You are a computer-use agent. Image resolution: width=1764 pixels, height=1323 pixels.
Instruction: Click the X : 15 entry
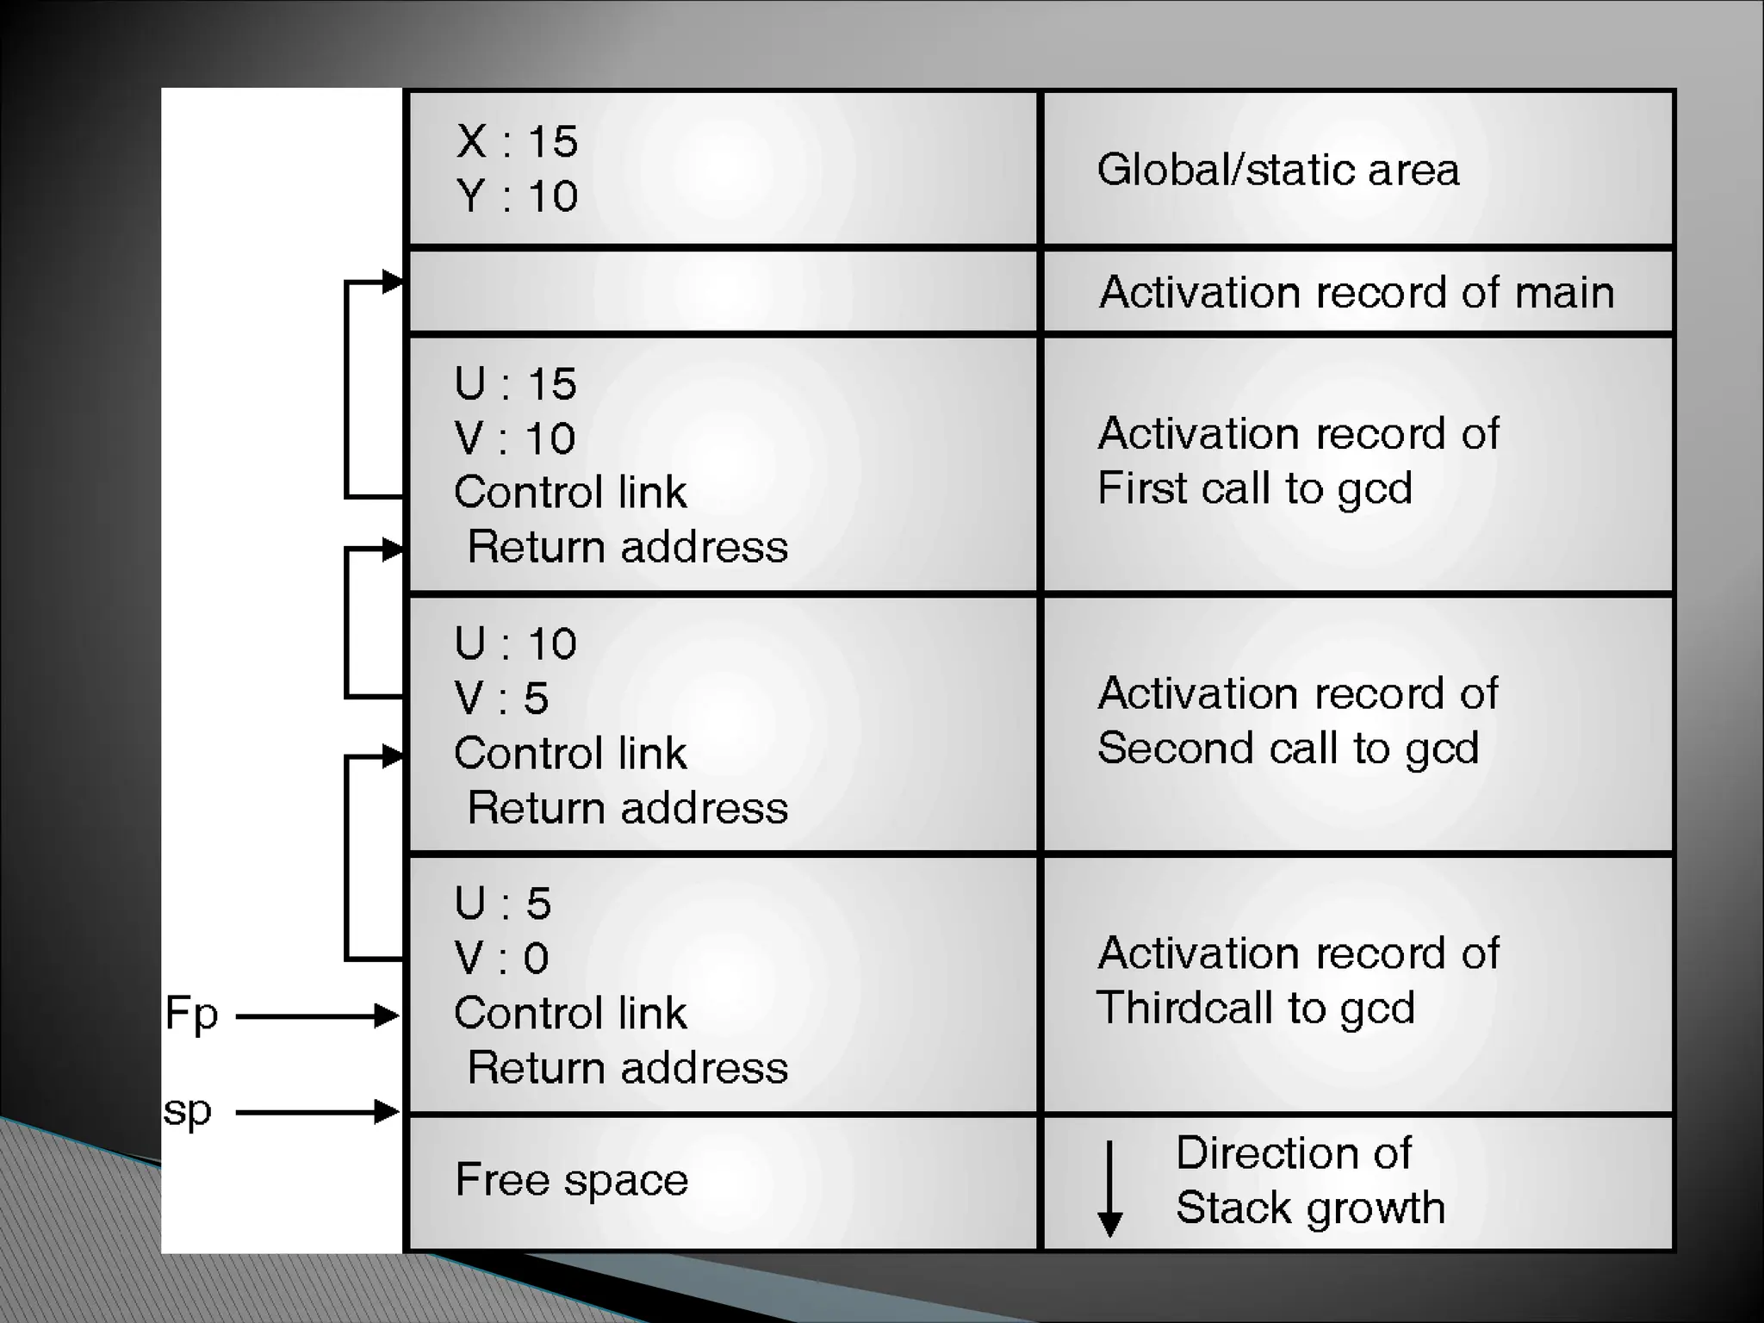[x=517, y=141]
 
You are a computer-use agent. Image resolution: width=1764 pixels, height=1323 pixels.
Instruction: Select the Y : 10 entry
[x=517, y=196]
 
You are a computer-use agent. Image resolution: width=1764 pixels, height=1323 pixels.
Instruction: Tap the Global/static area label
[x=1278, y=170]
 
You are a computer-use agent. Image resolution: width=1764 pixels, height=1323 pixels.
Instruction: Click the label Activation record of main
[x=1357, y=292]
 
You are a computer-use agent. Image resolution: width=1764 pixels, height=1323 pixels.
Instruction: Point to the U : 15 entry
[x=515, y=384]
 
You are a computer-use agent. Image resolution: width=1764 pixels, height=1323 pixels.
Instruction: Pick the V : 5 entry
[x=501, y=699]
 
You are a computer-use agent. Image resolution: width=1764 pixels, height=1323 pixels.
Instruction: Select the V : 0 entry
[x=501, y=959]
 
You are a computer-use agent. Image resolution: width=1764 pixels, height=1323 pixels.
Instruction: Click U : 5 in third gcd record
[x=503, y=904]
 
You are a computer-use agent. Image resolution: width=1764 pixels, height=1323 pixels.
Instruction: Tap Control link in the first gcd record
[x=570, y=493]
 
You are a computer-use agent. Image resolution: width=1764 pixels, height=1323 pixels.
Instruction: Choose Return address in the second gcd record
[x=627, y=808]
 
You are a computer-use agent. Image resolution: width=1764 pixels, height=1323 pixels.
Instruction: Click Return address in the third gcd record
[x=627, y=1068]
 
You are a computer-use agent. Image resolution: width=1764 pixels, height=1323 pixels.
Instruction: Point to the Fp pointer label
[x=191, y=1015]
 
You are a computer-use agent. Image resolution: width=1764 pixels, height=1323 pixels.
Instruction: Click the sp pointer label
[x=187, y=1112]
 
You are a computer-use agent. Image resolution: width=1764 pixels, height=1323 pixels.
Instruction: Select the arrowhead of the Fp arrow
[x=388, y=1016]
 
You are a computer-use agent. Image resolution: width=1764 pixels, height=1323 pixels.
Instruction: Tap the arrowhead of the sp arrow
[x=388, y=1113]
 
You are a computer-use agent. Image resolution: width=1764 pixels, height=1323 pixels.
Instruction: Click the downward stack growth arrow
[x=1110, y=1189]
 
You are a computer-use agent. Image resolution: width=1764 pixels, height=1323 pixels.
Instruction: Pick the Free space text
[x=572, y=1180]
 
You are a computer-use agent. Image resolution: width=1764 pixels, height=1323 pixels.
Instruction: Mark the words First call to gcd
[x=1255, y=488]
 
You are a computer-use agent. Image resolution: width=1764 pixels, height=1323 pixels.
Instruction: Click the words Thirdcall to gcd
[x=1255, y=1008]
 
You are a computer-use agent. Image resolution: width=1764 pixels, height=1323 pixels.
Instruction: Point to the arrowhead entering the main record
[x=393, y=282]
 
